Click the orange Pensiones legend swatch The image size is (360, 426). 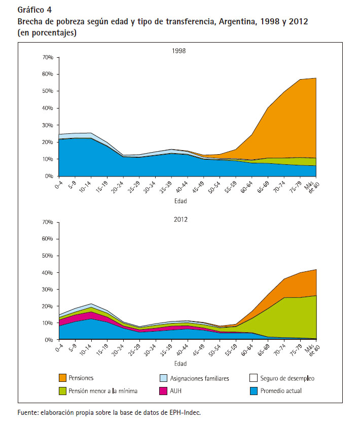pos(62,378)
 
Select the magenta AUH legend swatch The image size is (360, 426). pos(163,391)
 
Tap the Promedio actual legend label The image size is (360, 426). pos(281,391)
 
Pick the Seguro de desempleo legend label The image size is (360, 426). pos(287,378)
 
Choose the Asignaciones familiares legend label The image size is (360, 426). pos(199,378)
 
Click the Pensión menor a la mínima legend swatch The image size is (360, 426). pos(62,391)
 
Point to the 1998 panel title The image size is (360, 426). pos(179,51)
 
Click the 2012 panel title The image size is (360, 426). pos(181,220)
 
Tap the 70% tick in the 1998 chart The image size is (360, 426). pos(48,57)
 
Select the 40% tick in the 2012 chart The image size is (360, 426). pos(48,272)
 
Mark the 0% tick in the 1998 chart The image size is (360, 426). pos(49,176)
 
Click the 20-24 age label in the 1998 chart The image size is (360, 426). pos(117,187)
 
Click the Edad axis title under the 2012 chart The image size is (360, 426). pos(181,364)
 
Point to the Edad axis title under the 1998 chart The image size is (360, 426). pos(181,201)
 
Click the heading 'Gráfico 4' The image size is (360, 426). pos(34,10)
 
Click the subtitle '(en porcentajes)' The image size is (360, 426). pos(47,33)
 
